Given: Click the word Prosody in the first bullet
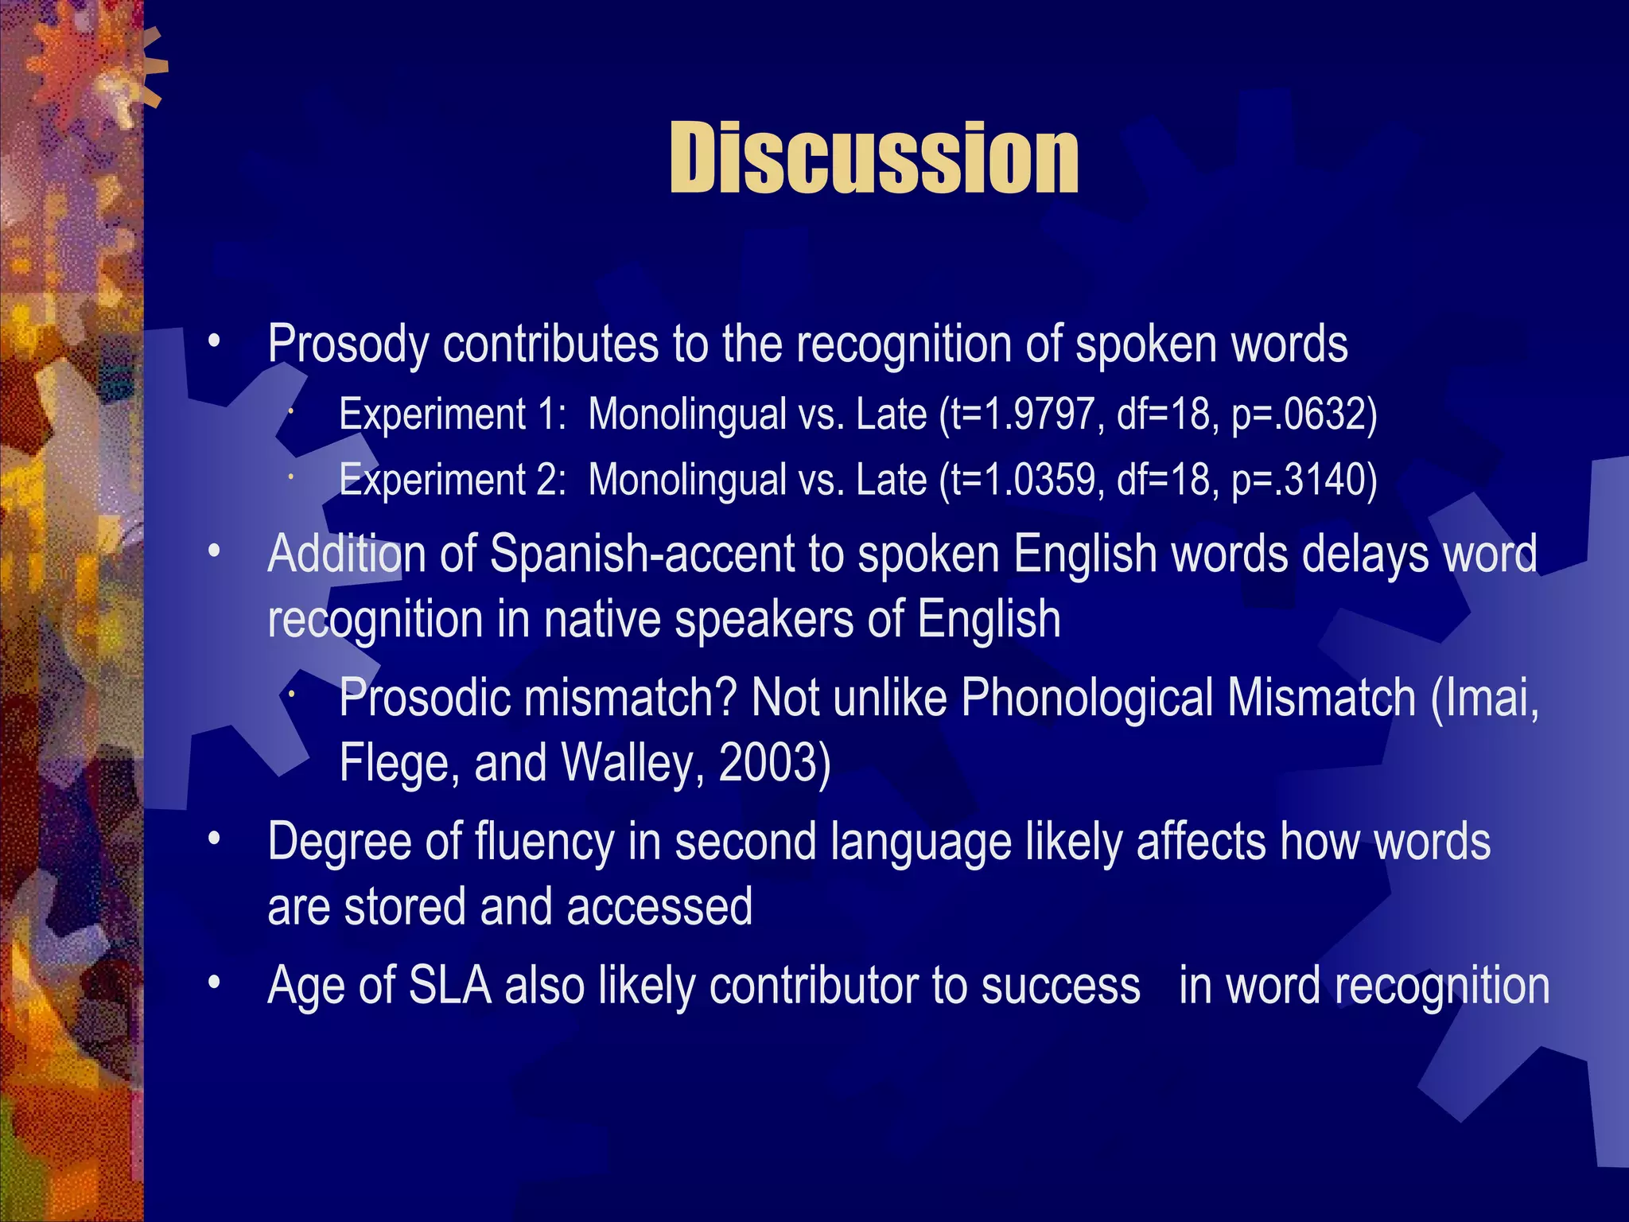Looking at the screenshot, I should (348, 344).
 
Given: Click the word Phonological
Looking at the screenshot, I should (1087, 698).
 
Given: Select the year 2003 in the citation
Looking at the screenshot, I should (768, 763).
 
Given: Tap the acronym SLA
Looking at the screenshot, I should (449, 986).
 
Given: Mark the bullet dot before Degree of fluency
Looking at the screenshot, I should (213, 840).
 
